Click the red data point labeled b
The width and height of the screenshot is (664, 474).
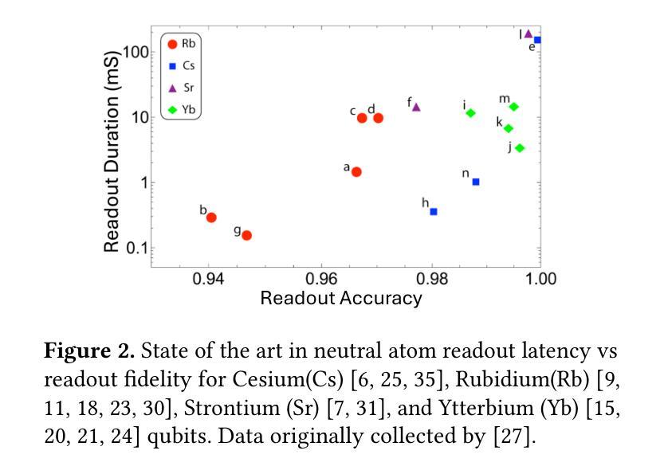point(211,217)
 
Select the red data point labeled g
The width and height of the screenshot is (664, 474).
point(247,235)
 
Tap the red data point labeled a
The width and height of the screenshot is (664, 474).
point(356,172)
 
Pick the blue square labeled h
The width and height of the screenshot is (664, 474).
point(434,212)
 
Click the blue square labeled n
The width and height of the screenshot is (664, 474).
point(476,182)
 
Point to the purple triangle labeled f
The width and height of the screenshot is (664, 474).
point(416,107)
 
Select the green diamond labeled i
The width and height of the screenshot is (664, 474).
point(471,113)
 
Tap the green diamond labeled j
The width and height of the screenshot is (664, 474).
point(520,148)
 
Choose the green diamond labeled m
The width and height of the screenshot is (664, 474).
point(514,107)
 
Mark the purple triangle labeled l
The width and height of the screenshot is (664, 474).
point(528,34)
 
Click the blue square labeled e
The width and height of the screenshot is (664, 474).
point(537,40)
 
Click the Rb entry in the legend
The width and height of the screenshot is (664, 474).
point(179,44)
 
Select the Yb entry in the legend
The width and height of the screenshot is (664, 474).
point(179,109)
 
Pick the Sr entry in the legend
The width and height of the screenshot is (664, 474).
point(179,88)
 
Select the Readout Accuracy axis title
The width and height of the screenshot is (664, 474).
point(341,299)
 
